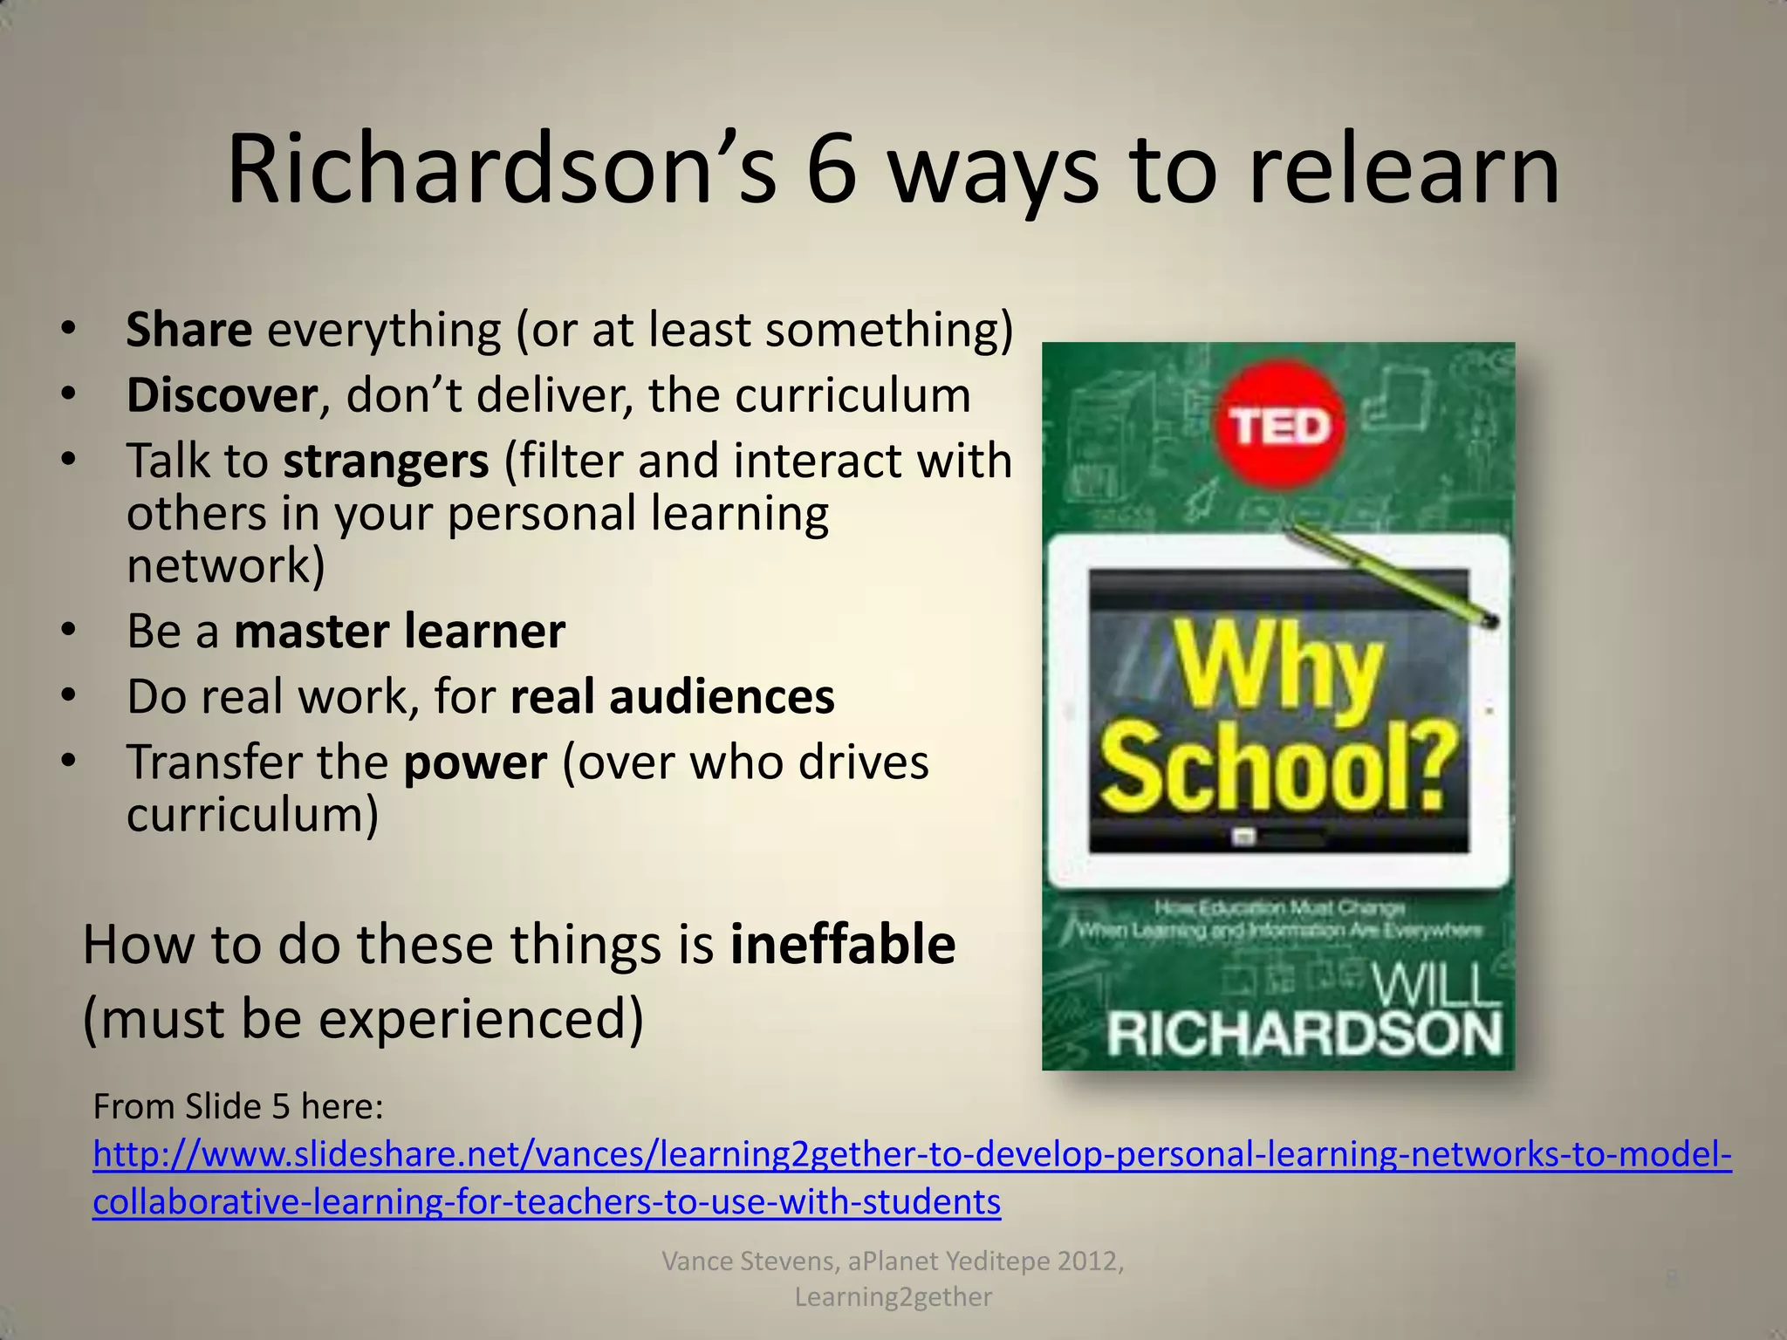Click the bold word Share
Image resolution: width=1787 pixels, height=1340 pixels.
pyautogui.click(x=189, y=331)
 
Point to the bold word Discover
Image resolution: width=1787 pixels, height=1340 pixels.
pyautogui.click(x=222, y=396)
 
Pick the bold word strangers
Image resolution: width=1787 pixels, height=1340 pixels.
pyautogui.click(x=386, y=461)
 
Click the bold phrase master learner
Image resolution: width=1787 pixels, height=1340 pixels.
pyautogui.click(x=400, y=632)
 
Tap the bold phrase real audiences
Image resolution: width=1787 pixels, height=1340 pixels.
pyautogui.click(x=672, y=697)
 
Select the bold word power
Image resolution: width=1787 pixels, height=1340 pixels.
pyautogui.click(x=476, y=762)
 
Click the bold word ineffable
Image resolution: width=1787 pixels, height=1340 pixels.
pyautogui.click(x=843, y=945)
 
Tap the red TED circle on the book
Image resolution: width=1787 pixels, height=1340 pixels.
pyautogui.click(x=1279, y=427)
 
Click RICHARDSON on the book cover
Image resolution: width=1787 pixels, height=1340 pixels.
pyautogui.click(x=1304, y=1036)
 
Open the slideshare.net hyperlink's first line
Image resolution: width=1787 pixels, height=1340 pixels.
pyautogui.click(x=912, y=1155)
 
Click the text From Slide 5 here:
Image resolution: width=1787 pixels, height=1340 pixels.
pyautogui.click(x=238, y=1107)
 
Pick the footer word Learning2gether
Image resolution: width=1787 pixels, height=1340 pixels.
pyautogui.click(x=893, y=1297)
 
